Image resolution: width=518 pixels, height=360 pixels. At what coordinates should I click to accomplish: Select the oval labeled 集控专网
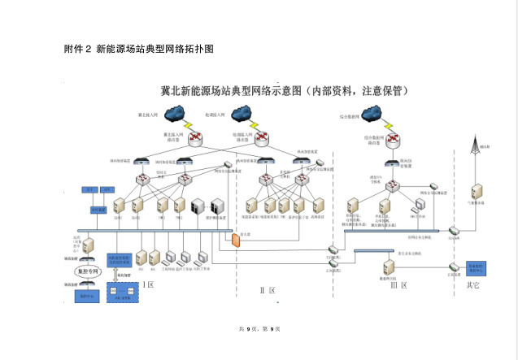click(x=88, y=271)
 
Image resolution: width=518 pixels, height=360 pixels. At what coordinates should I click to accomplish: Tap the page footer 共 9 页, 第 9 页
click(x=259, y=328)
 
